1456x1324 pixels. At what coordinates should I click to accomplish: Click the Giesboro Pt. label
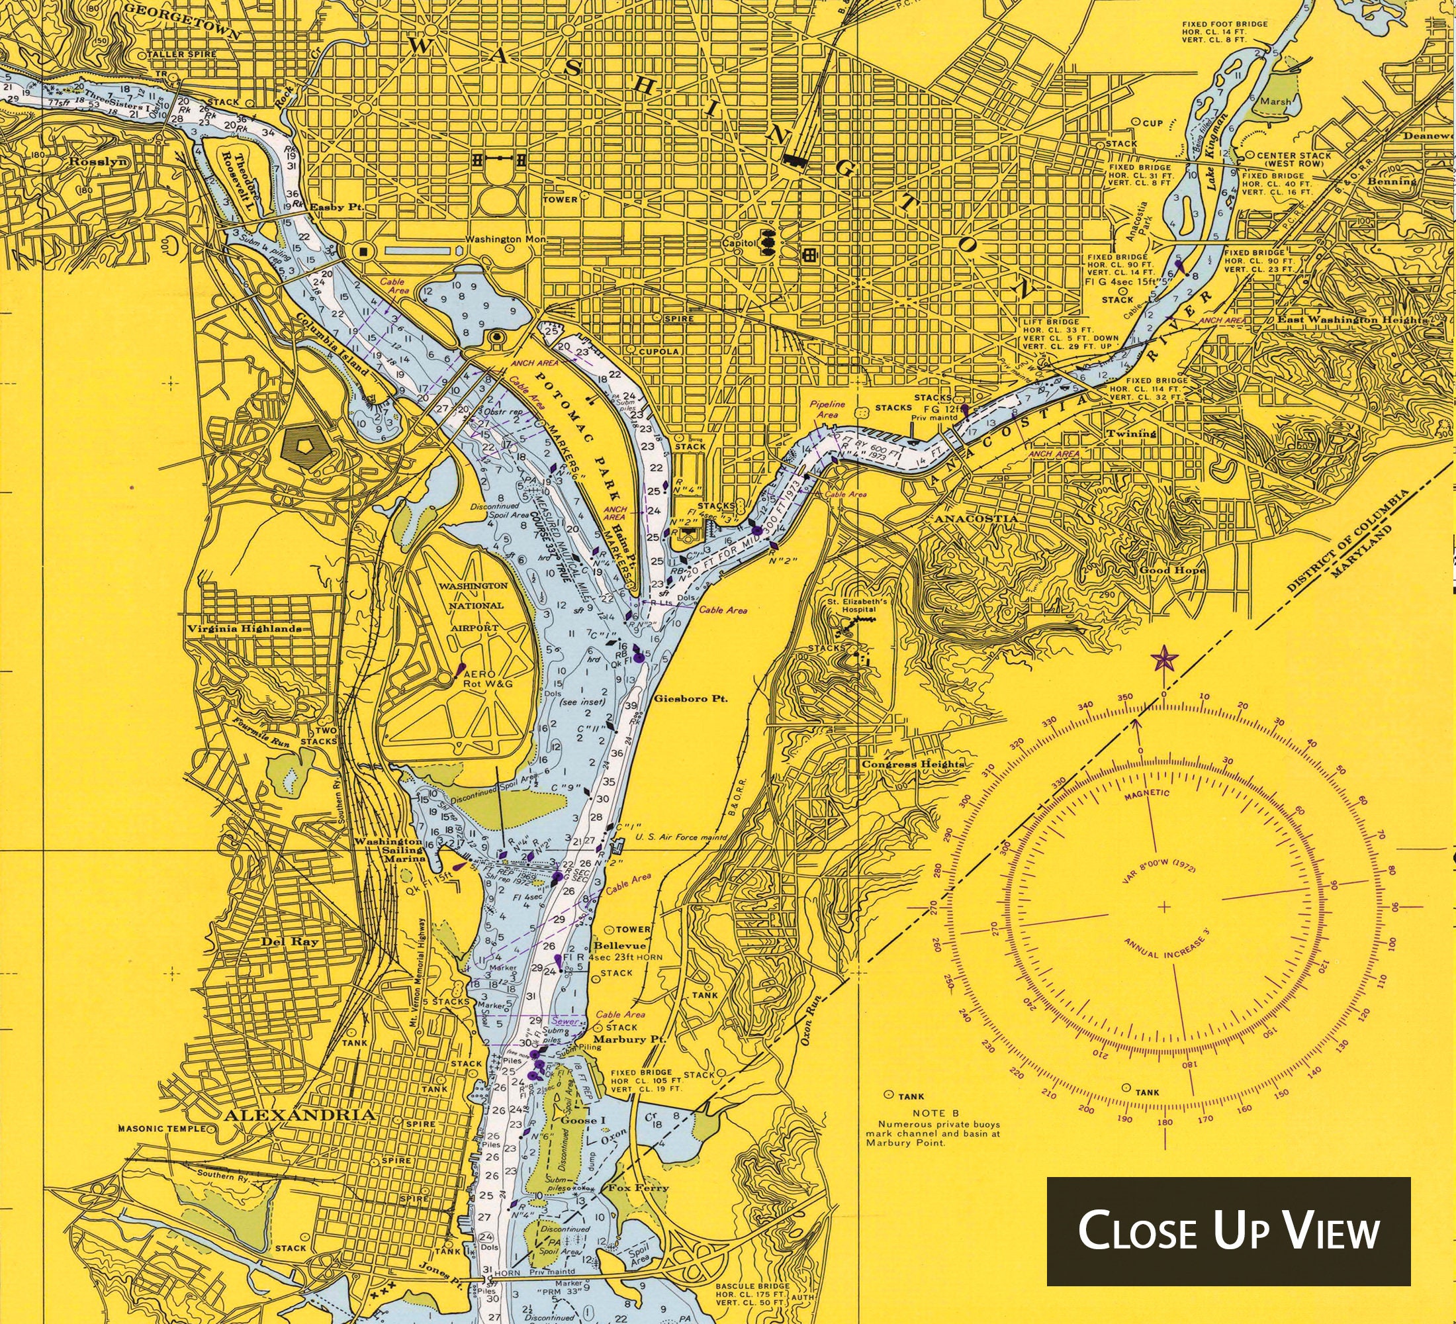coord(689,699)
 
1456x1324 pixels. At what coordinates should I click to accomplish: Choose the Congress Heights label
coord(912,764)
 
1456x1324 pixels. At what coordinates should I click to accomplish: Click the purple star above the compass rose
coord(1163,658)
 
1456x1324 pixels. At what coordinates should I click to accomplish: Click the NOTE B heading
coord(934,1113)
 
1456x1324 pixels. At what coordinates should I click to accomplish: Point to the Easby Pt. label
coord(334,207)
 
